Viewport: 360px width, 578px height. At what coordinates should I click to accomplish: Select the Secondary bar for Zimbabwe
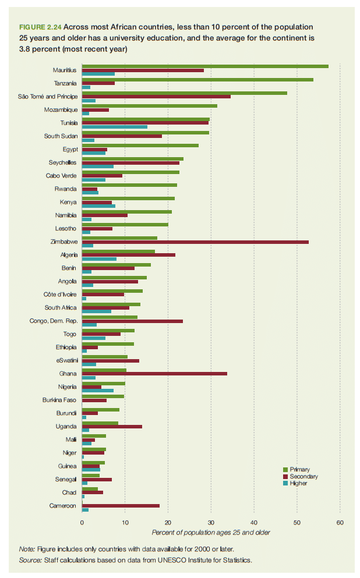click(x=195, y=242)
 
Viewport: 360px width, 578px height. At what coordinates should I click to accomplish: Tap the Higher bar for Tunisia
click(x=115, y=127)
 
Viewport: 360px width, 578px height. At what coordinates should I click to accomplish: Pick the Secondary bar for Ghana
click(x=154, y=374)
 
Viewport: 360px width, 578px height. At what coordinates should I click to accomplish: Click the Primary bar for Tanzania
click(x=197, y=79)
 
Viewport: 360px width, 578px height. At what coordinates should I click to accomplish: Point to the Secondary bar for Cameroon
click(x=121, y=506)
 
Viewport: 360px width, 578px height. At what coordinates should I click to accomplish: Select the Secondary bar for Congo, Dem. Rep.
click(x=132, y=321)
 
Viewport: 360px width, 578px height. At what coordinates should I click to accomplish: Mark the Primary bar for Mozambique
click(x=150, y=106)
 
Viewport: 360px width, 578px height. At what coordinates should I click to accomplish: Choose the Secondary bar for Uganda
click(x=112, y=427)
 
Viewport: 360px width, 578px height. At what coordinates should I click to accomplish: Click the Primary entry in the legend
click(x=299, y=469)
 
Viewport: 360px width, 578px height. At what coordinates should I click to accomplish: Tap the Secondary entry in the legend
click(x=303, y=476)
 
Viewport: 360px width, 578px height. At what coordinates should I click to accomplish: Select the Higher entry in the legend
click(x=298, y=483)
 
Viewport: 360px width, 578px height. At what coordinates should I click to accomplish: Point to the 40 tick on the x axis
click(x=253, y=522)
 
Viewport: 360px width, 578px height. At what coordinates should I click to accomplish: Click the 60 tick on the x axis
click(x=340, y=522)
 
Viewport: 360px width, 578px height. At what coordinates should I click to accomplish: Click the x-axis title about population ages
click(x=211, y=532)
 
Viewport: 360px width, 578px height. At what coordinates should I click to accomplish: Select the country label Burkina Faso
click(x=59, y=400)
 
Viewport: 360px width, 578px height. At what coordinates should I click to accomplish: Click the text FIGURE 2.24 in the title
click(x=40, y=27)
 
